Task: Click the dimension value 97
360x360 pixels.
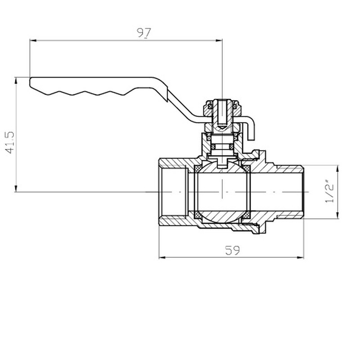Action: (x=144, y=32)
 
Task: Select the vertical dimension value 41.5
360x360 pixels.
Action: (x=9, y=143)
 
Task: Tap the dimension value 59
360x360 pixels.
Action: (x=232, y=251)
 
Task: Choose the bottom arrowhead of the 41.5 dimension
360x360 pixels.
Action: (x=16, y=189)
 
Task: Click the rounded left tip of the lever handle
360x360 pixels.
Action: (x=31, y=82)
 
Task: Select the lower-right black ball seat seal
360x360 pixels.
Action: (x=246, y=218)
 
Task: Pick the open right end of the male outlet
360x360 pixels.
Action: (x=302, y=192)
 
